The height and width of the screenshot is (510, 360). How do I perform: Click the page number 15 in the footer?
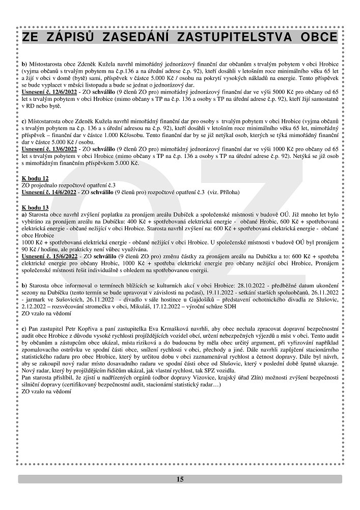pyautogui.click(x=180, y=479)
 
